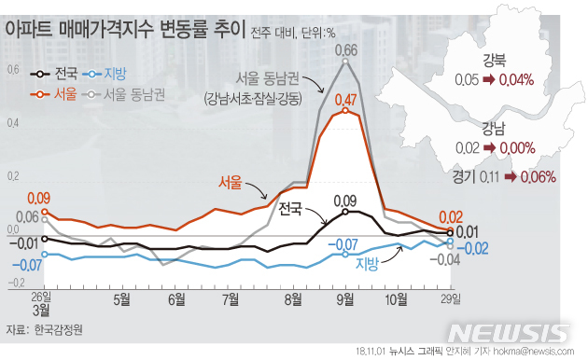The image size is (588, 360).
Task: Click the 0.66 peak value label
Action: click(x=345, y=49)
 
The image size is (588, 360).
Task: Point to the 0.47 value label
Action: click(x=345, y=99)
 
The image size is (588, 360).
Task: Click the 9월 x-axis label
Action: click(x=344, y=299)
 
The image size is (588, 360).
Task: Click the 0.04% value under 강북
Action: click(x=516, y=80)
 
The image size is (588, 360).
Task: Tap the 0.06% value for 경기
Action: click(x=535, y=176)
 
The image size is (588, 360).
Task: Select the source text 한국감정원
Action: click(x=58, y=330)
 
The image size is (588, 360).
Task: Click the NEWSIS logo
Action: click(x=508, y=333)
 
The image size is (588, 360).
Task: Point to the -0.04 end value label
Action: click(x=449, y=258)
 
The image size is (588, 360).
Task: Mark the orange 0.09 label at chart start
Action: click(x=39, y=198)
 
